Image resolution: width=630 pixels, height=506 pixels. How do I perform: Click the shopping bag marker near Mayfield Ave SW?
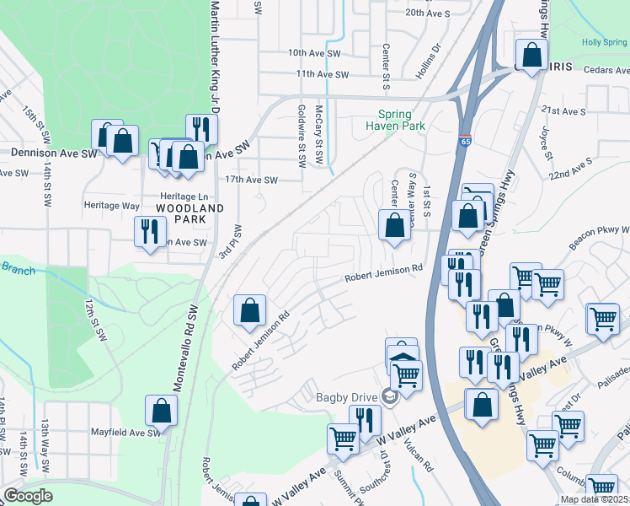pos(161,411)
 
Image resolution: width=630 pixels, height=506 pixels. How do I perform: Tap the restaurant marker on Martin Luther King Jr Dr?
pos(201,130)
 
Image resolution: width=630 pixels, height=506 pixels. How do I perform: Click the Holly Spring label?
pos(604,42)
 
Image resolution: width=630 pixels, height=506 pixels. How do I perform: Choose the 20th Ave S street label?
pos(428,13)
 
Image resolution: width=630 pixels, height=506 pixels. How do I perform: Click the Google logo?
pos(28,496)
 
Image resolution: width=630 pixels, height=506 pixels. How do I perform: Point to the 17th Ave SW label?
pos(251,180)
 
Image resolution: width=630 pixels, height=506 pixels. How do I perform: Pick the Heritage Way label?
pos(111,205)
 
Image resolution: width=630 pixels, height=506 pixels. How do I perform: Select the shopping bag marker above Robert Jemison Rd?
pos(250,310)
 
